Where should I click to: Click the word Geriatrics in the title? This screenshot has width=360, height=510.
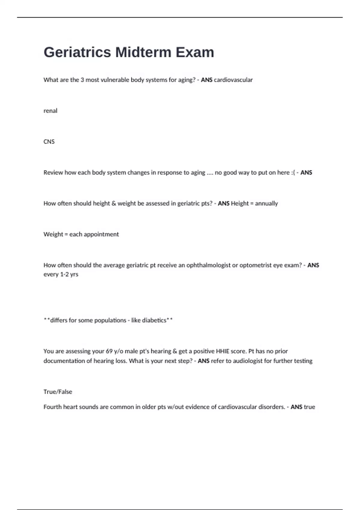[77, 52]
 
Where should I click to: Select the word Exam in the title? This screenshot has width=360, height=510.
[195, 52]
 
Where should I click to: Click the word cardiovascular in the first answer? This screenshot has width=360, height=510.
[233, 80]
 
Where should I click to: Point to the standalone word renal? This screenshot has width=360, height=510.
[50, 111]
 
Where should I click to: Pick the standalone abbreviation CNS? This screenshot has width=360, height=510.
[49, 142]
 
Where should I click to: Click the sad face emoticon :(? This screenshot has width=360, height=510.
[293, 172]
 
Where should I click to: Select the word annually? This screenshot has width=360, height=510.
[266, 203]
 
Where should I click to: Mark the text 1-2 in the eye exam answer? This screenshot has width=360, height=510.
[64, 274]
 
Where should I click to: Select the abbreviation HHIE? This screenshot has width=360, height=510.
[222, 351]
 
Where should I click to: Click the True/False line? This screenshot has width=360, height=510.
[58, 391]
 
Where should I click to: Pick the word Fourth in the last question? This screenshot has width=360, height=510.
[52, 407]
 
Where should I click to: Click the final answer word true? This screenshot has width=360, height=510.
[309, 407]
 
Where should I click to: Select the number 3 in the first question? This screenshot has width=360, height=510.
[82, 80]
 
